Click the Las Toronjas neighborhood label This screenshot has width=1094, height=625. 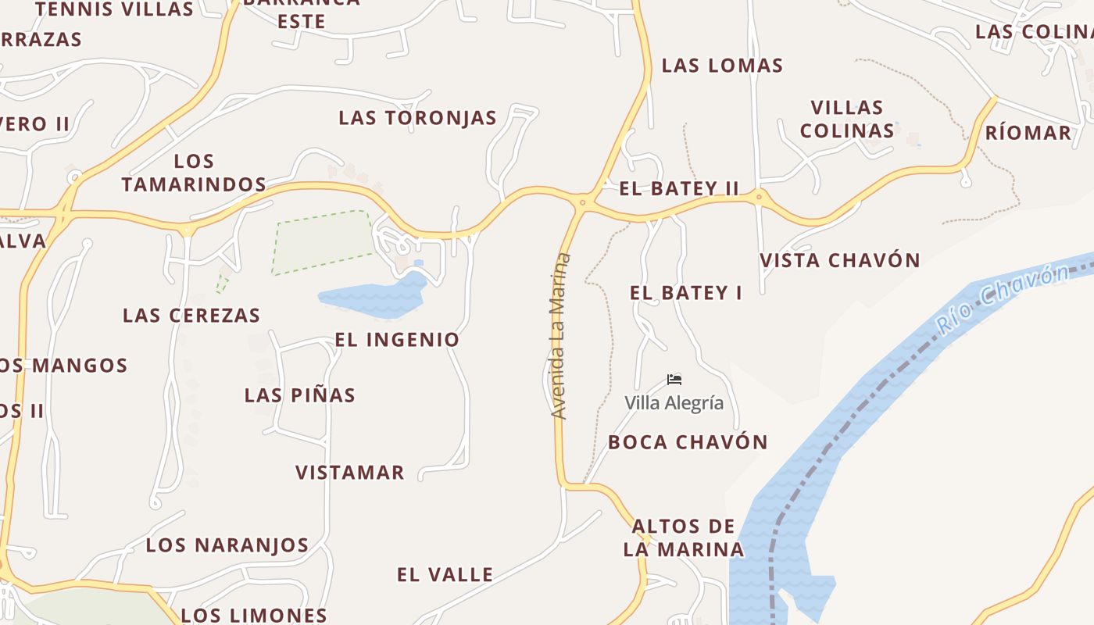pyautogui.click(x=417, y=118)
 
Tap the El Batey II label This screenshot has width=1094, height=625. pyautogui.click(x=678, y=188)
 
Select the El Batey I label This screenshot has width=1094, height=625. pyautogui.click(x=685, y=293)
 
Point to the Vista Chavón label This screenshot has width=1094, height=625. pyautogui.click(x=840, y=260)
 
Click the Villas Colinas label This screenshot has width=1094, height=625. pyautogui.click(x=847, y=119)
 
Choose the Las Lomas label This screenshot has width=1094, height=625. pyautogui.click(x=722, y=66)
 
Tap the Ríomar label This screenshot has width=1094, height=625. pyautogui.click(x=1028, y=133)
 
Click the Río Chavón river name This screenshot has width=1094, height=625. pyautogui.click(x=1003, y=300)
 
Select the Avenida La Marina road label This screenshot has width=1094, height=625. pyautogui.click(x=560, y=336)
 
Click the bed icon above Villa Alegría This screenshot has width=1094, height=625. pyautogui.click(x=674, y=380)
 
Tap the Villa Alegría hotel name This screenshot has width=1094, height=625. pyautogui.click(x=674, y=403)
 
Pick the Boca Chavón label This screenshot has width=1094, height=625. pyautogui.click(x=688, y=442)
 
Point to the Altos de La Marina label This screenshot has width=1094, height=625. pyautogui.click(x=683, y=537)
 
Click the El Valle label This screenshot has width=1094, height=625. pyautogui.click(x=445, y=575)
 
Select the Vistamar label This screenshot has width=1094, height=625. pyautogui.click(x=349, y=473)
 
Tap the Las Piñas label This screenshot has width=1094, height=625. pyautogui.click(x=299, y=395)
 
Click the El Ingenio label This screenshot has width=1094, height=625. pyautogui.click(x=397, y=340)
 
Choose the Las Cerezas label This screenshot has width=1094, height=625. pyautogui.click(x=191, y=316)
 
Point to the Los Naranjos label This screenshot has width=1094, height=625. pyautogui.click(x=227, y=545)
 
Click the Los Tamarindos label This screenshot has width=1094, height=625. pyautogui.click(x=194, y=173)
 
